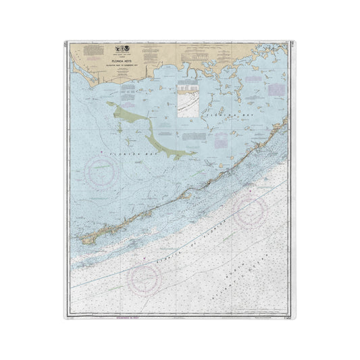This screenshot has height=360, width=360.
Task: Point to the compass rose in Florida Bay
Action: point(103,175)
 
